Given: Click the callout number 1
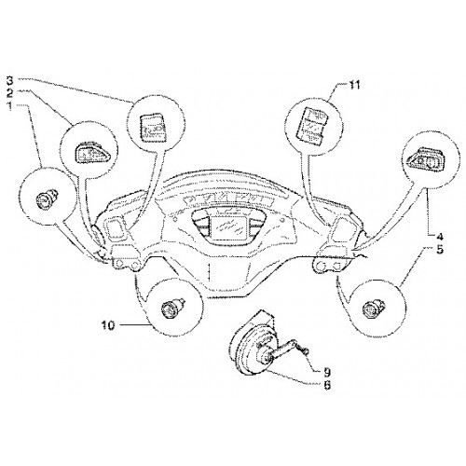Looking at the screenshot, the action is pos(9,106).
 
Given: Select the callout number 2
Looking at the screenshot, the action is pos(10,92).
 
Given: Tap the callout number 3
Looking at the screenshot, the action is pos(10,80).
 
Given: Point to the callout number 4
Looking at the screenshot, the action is pos(439,237).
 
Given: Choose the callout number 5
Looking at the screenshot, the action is pos(440,250).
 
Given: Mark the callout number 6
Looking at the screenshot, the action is pos(326,385).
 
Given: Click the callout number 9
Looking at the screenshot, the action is pos(326,372).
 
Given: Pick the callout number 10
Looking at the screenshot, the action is pos(108,325).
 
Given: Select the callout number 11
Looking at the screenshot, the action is pos(352,85).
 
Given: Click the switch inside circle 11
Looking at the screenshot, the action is pos(313,127).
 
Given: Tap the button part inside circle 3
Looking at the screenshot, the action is pos(152,128).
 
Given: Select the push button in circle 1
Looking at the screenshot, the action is pos(47,199).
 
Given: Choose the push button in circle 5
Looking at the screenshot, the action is pos(373,308).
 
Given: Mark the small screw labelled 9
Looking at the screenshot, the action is pos(303,350).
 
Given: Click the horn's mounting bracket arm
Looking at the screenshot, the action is pos(282,350).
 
